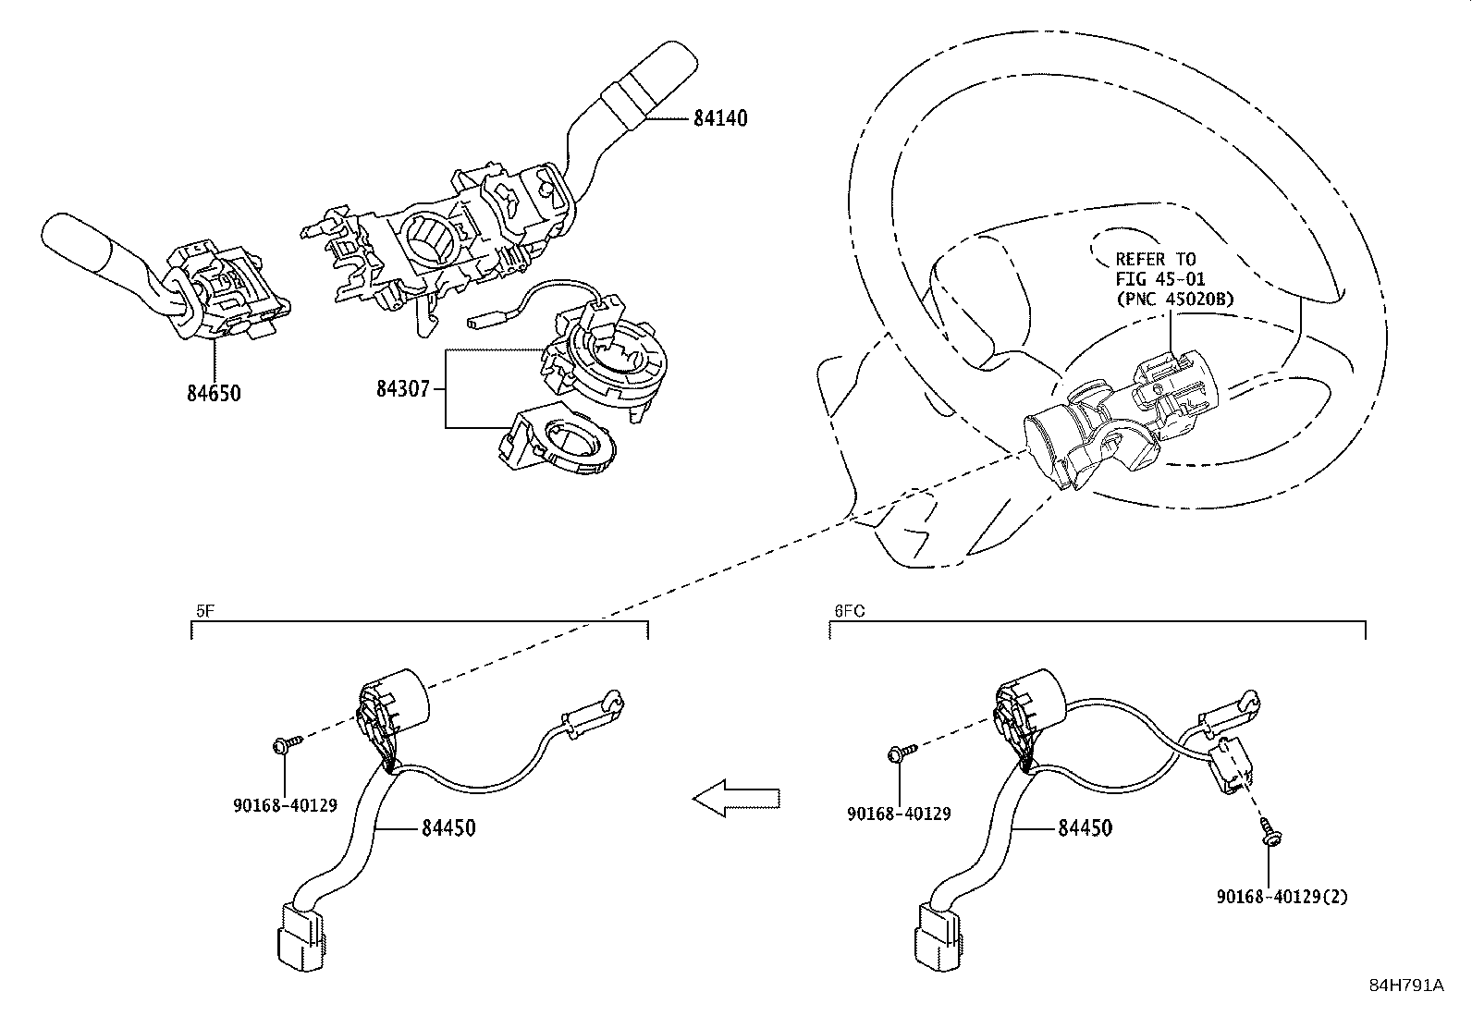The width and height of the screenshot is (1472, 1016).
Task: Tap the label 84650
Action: pos(214,394)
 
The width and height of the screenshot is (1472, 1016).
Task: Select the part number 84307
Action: pos(402,389)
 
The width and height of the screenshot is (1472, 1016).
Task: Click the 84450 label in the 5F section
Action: pos(448,828)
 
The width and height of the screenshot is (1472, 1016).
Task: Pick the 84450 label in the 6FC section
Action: pos(1085,828)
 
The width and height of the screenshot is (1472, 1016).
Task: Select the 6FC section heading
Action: pos(849,611)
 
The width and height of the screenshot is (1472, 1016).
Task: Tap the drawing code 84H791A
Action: pos(1406,985)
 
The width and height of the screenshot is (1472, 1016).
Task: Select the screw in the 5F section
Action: pos(286,745)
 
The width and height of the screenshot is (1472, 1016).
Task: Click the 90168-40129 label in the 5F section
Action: pos(284,805)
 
